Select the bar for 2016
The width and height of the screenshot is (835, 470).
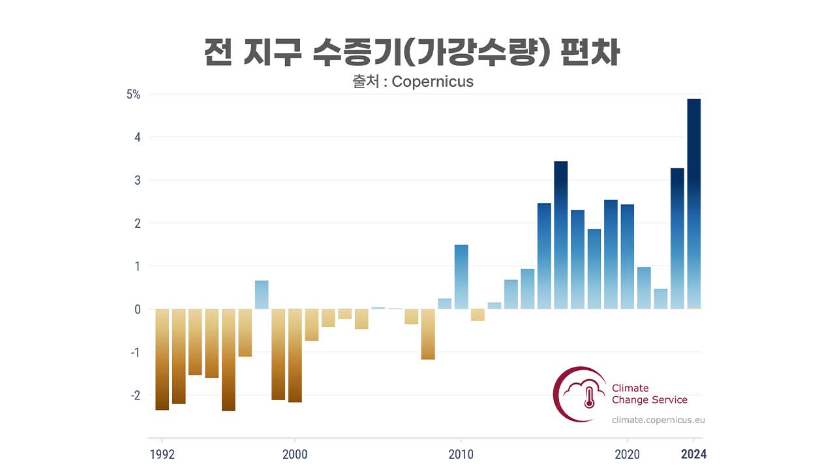(561, 235)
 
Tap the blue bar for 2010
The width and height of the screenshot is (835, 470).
(461, 277)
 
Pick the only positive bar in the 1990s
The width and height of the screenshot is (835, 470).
(262, 294)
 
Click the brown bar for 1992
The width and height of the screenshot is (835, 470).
(162, 359)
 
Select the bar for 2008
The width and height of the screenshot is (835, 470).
(428, 334)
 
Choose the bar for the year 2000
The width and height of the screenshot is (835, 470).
(295, 355)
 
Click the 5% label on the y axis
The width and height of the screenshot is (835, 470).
(133, 94)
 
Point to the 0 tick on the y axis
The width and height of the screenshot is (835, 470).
(137, 309)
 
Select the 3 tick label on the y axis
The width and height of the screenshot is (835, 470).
(137, 180)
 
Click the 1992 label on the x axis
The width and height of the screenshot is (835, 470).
(162, 454)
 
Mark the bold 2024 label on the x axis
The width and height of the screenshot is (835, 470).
(693, 454)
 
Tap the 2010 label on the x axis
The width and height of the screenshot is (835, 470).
(461, 454)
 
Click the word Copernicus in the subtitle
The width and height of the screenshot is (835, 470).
(433, 82)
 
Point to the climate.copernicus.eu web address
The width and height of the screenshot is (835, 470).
(658, 420)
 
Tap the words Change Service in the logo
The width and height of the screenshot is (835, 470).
(649, 399)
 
